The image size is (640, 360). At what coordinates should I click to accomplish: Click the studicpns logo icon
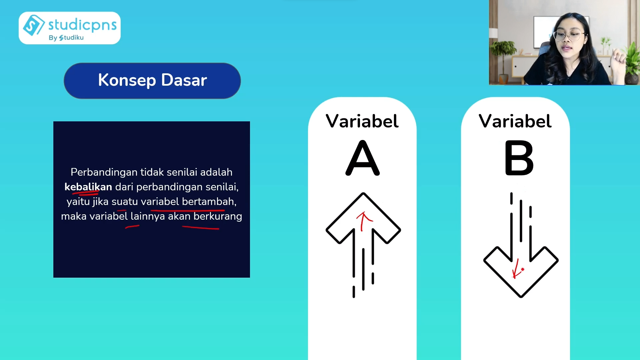tap(34, 25)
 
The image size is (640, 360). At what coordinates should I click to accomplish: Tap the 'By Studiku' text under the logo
tap(66, 38)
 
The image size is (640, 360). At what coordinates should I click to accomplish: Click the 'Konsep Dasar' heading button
tap(152, 81)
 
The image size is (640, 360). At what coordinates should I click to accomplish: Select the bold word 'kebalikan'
tap(88, 187)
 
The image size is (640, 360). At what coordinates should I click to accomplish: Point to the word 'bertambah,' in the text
tap(209, 201)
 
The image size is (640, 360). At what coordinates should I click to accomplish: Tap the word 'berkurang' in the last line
tap(218, 217)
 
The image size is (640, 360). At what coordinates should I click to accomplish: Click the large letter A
tap(363, 158)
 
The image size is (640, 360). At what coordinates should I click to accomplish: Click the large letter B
tap(519, 158)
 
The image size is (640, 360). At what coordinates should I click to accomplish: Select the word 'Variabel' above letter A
tap(362, 121)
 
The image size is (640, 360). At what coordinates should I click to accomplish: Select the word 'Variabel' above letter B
tap(515, 121)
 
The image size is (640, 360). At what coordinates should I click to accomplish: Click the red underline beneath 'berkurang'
tap(200, 228)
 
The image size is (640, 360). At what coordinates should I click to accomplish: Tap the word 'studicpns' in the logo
tap(82, 25)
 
